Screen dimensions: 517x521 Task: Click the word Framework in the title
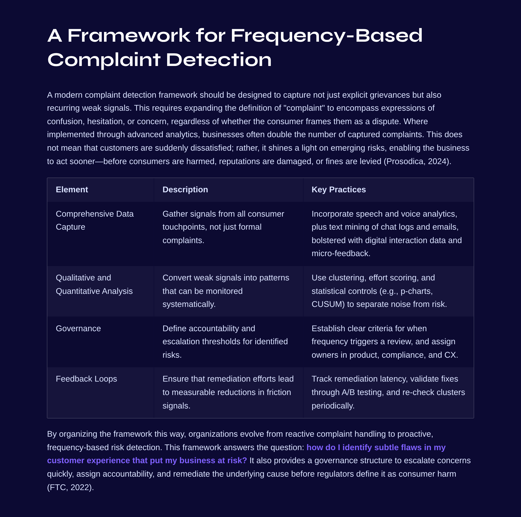129,36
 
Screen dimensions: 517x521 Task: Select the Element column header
72,189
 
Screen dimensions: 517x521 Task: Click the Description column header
185,189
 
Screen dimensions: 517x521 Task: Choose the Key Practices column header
338,189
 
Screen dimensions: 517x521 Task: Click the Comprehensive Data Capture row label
94,220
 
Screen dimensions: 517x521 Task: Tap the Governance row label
78,328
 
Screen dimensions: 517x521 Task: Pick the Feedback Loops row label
86,379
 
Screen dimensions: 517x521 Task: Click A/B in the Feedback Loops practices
348,392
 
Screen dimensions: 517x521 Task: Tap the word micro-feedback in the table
340,253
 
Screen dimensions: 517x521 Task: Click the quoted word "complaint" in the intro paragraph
304,108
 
